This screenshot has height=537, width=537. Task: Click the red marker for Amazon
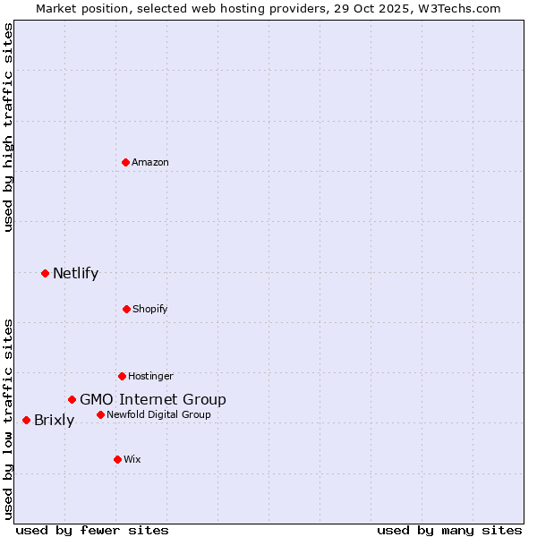pyautogui.click(x=125, y=162)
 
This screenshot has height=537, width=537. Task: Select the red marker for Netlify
pyautogui.click(x=45, y=273)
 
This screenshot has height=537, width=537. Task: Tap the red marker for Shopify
pyautogui.click(x=126, y=309)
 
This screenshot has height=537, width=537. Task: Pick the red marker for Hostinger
pyautogui.click(x=122, y=376)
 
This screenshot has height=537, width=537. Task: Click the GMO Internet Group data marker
pyautogui.click(x=72, y=399)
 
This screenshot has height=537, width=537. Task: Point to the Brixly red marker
pyautogui.click(x=26, y=420)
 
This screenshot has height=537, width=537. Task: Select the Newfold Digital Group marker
pyautogui.click(x=100, y=414)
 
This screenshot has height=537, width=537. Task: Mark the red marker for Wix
pyautogui.click(x=117, y=459)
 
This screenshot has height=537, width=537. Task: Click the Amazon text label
pyautogui.click(x=150, y=162)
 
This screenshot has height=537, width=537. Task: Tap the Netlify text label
pyautogui.click(x=75, y=273)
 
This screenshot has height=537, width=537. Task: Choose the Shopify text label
pyautogui.click(x=150, y=309)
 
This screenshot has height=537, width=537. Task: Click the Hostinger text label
pyautogui.click(x=150, y=376)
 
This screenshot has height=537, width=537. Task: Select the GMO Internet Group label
pyautogui.click(x=153, y=399)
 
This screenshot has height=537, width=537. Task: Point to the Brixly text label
pyautogui.click(x=54, y=420)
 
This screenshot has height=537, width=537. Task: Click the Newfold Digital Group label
pyautogui.click(x=158, y=414)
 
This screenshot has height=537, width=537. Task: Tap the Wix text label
pyautogui.click(x=132, y=459)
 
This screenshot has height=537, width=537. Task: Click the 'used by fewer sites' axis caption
pyautogui.click(x=92, y=530)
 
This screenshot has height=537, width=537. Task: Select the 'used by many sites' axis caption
pyautogui.click(x=449, y=530)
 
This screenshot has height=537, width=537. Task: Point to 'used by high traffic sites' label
pyautogui.click(x=8, y=127)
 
